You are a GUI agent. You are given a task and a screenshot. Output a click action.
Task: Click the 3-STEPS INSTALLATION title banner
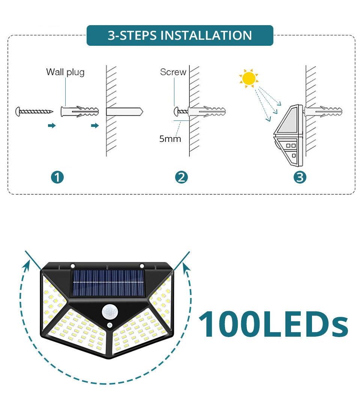180,35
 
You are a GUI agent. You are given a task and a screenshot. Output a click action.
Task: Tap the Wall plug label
65,72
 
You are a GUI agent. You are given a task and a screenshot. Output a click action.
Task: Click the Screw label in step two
173,72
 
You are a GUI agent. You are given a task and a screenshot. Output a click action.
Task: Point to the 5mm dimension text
170,139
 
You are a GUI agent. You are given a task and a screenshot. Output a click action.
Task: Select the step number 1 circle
57,177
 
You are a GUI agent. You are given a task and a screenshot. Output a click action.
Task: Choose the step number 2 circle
181,177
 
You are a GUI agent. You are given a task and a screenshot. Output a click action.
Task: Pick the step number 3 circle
300,177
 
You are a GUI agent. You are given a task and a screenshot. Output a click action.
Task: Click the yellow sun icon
248,78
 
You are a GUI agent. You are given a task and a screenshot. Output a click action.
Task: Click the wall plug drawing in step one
80,111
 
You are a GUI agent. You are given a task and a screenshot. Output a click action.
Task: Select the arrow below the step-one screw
52,126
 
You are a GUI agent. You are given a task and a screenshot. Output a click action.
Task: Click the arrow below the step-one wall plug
95,126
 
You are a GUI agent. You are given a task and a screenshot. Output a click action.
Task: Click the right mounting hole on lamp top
142,266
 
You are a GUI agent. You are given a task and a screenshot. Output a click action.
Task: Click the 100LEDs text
273,324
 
